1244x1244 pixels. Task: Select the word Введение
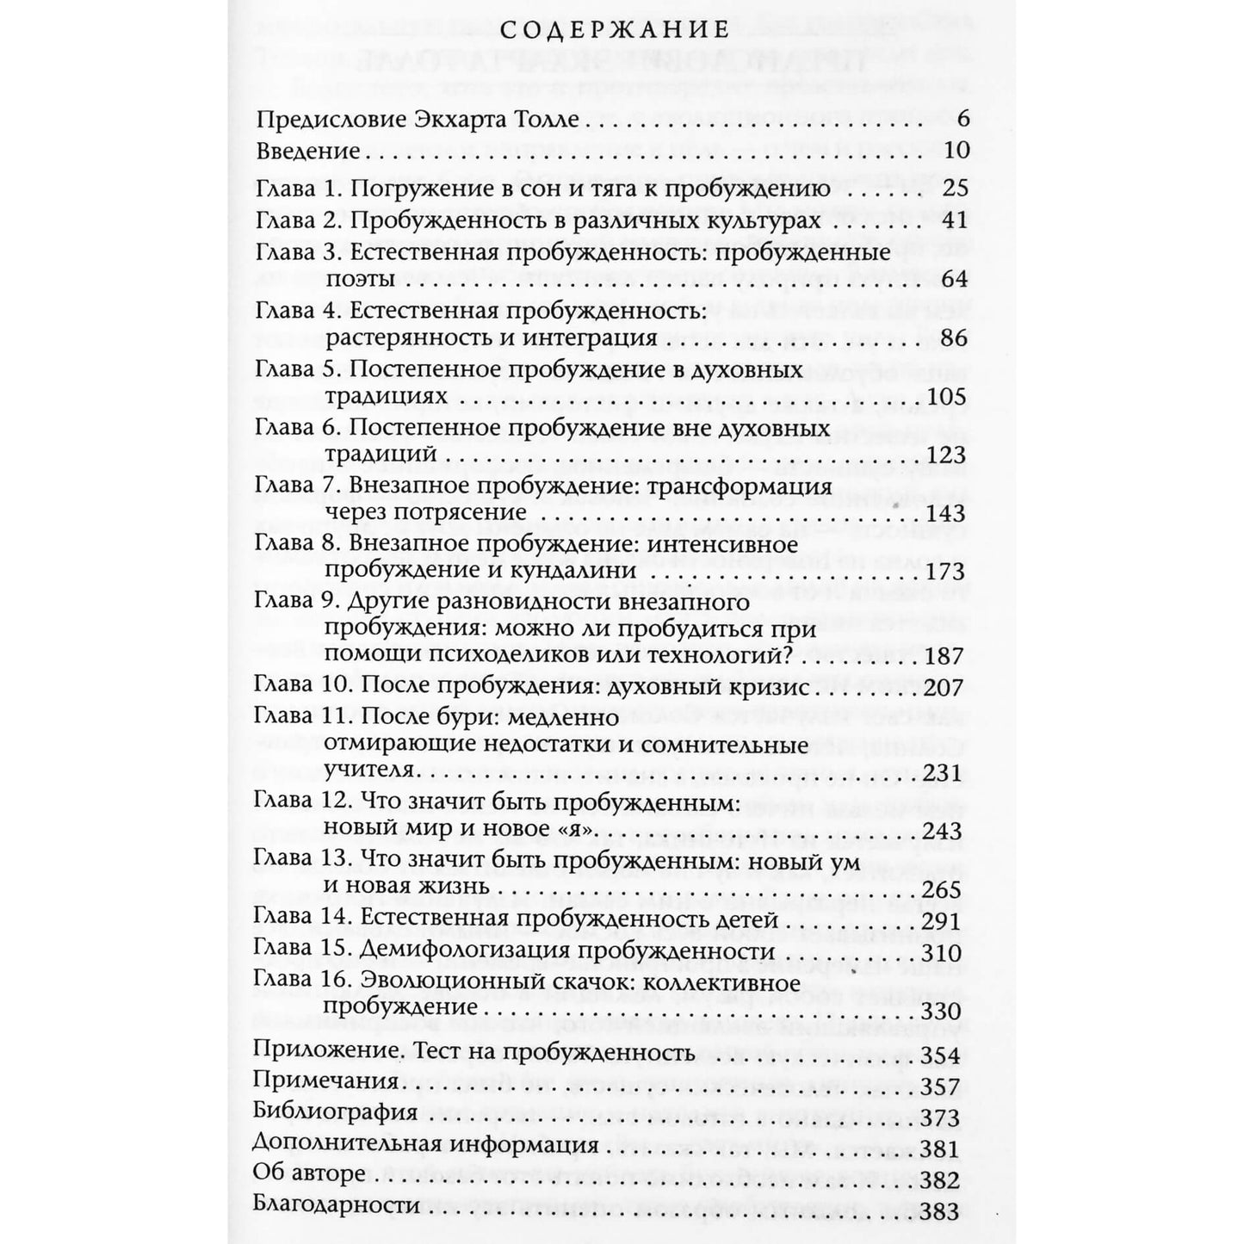307,152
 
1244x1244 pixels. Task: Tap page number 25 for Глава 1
956,189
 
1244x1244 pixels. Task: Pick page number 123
948,455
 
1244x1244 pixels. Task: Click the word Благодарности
338,1207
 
